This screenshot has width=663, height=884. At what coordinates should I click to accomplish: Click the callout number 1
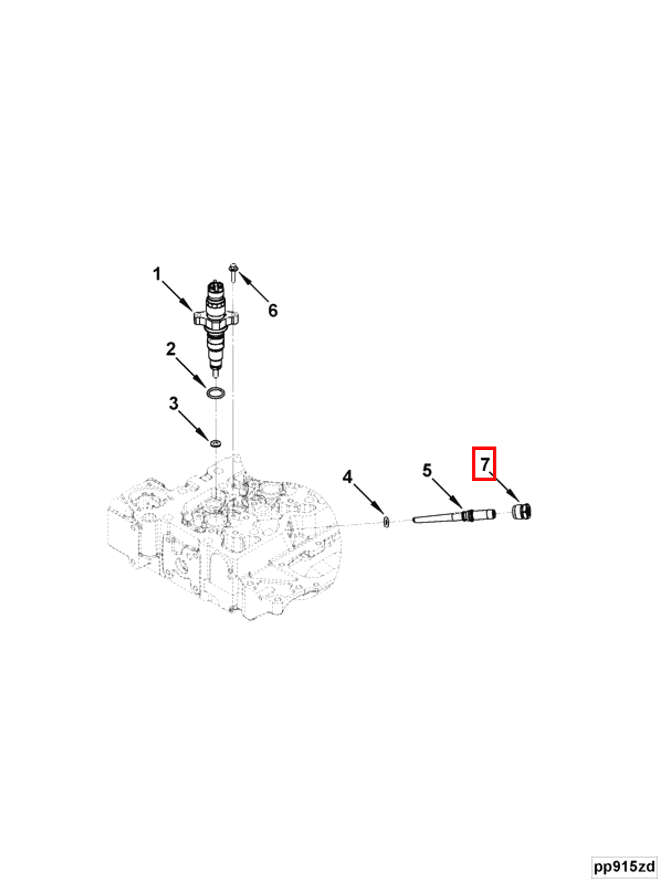pyautogui.click(x=157, y=275)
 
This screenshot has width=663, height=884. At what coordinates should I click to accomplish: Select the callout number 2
pyautogui.click(x=170, y=349)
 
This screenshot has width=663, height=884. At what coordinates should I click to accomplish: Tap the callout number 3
pyautogui.click(x=173, y=403)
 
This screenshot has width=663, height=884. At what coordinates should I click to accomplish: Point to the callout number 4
pyautogui.click(x=347, y=477)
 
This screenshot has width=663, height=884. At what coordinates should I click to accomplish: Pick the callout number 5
pyautogui.click(x=427, y=470)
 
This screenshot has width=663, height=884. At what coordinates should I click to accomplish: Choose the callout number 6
pyautogui.click(x=273, y=311)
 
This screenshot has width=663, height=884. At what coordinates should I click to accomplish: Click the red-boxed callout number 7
pyautogui.click(x=484, y=464)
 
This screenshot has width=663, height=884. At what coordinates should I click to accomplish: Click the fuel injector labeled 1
pyautogui.click(x=216, y=324)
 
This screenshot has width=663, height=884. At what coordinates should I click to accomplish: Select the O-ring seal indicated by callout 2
pyautogui.click(x=216, y=392)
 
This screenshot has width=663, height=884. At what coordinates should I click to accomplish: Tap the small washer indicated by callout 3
pyautogui.click(x=216, y=443)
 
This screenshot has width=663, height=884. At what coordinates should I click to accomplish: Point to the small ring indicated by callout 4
pyautogui.click(x=386, y=522)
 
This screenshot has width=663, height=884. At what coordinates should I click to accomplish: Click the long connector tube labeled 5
pyautogui.click(x=453, y=516)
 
